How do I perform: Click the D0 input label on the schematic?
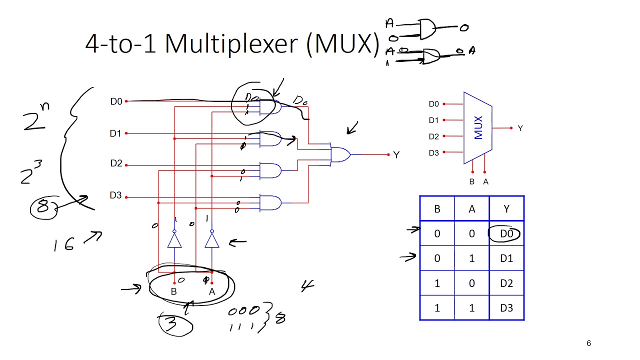(116, 101)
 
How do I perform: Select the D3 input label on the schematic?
(115, 195)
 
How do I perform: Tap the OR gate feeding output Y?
(340, 154)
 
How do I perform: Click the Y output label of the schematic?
(396, 155)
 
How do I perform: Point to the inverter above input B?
(174, 240)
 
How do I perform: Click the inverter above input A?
(212, 240)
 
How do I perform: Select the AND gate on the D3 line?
(270, 202)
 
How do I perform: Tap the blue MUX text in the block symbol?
(478, 127)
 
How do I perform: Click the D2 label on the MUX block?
(433, 136)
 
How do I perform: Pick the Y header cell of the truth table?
(506, 209)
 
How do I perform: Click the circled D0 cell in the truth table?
(506, 233)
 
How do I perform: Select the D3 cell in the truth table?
(506, 308)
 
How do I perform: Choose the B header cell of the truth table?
(437, 209)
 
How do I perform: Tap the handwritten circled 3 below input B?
(172, 324)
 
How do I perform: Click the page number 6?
(588, 343)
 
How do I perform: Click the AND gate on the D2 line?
(270, 171)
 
